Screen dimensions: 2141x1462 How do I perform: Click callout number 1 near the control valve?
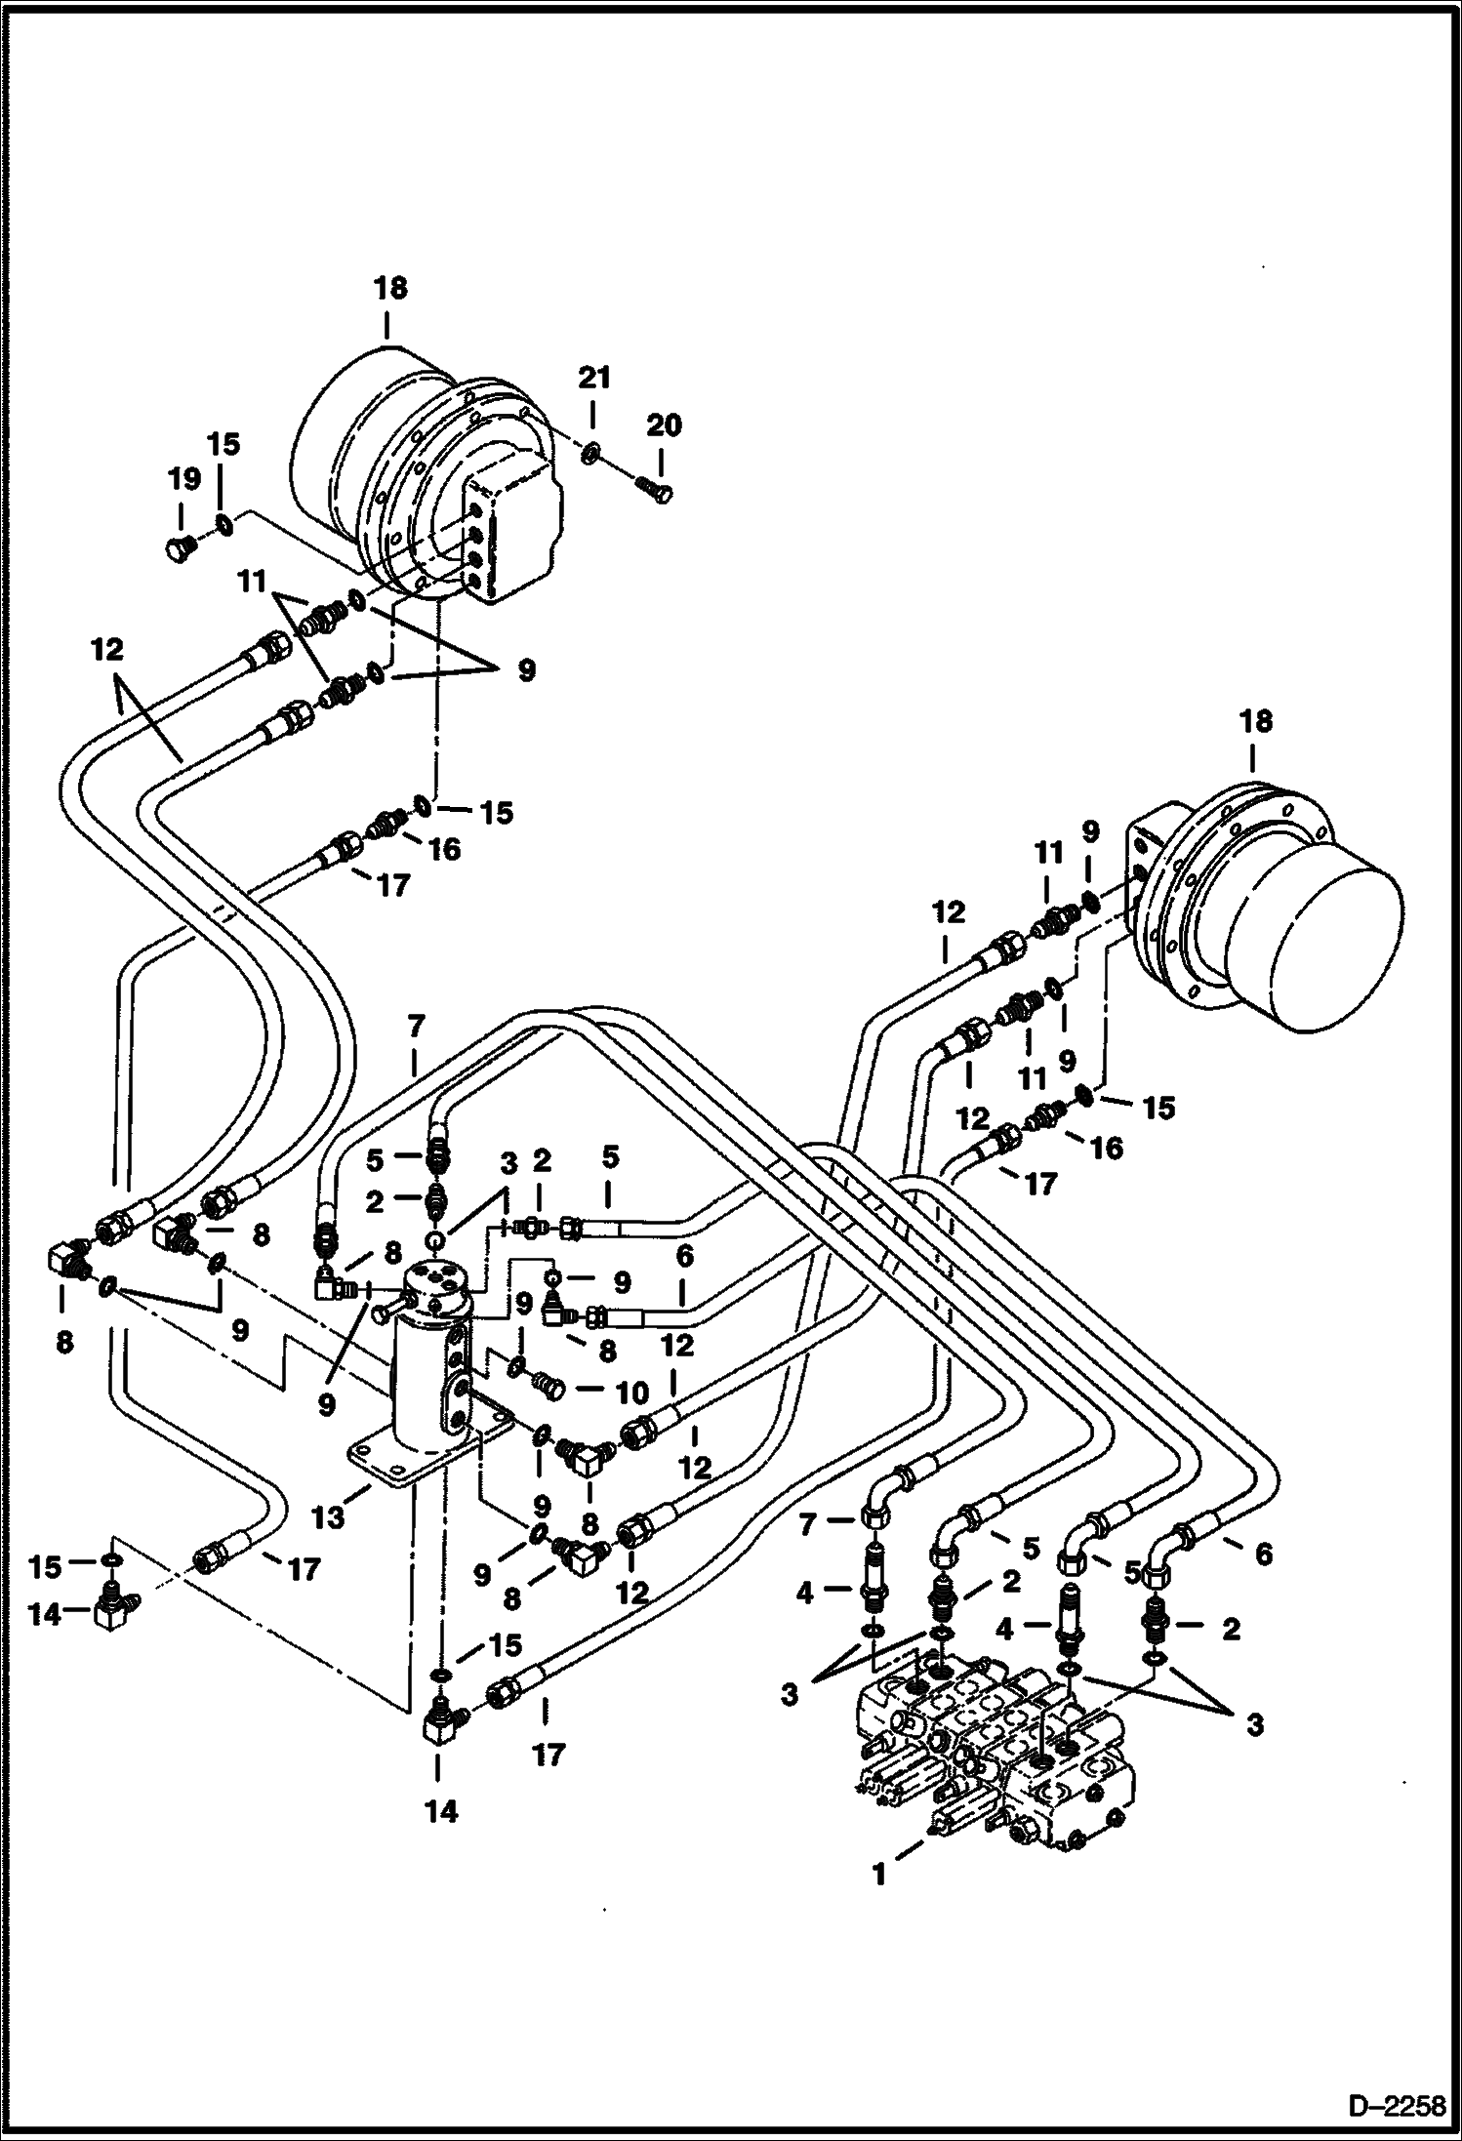[x=879, y=1875]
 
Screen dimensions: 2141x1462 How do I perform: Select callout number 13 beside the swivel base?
[x=330, y=1519]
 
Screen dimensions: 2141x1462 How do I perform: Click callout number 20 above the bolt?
[x=664, y=425]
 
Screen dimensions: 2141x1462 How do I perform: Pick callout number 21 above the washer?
[x=594, y=377]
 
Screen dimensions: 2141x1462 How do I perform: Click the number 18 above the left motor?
[x=388, y=289]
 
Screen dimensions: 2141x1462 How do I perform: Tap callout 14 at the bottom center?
[x=440, y=1811]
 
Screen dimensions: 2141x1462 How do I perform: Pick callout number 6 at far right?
[x=1263, y=1553]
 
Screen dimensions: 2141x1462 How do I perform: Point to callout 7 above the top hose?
[x=416, y=1027]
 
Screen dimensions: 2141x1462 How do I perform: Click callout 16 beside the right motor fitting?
[x=1106, y=1148]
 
